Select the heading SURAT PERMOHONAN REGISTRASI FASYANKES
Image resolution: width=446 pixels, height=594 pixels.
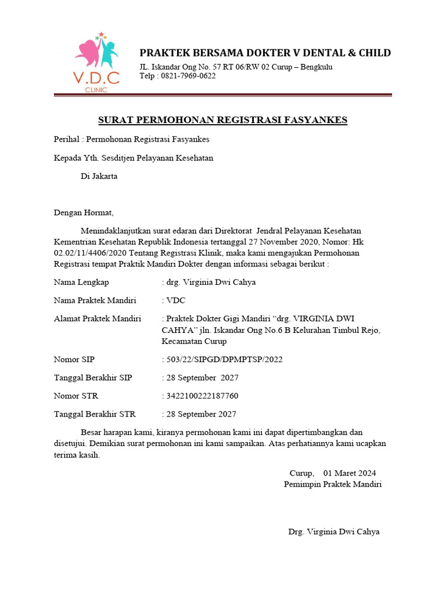pyautogui.click(x=222, y=120)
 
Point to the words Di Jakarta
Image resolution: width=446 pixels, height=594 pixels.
pyautogui.click(x=99, y=176)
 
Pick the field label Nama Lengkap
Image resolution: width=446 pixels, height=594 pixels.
pyautogui.click(x=81, y=282)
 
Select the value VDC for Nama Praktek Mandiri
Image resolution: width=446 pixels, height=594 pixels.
pyautogui.click(x=175, y=300)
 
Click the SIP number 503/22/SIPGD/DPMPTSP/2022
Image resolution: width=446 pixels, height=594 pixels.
pyautogui.click(x=224, y=360)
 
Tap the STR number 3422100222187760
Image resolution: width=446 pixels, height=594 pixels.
pyautogui.click(x=202, y=396)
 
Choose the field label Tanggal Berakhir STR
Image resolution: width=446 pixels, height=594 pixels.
pyautogui.click(x=95, y=414)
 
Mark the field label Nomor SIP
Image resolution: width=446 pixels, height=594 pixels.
pyautogui.click(x=74, y=360)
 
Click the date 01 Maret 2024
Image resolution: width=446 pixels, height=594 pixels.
pyautogui.click(x=350, y=473)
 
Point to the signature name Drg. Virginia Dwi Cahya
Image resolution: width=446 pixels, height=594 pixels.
pyautogui.click(x=334, y=531)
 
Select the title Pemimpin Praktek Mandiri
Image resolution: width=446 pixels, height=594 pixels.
pyautogui.click(x=333, y=484)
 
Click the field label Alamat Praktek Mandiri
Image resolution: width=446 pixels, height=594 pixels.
pyautogui.click(x=98, y=318)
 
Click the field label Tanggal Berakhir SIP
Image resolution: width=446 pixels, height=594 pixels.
pyautogui.click(x=93, y=378)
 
